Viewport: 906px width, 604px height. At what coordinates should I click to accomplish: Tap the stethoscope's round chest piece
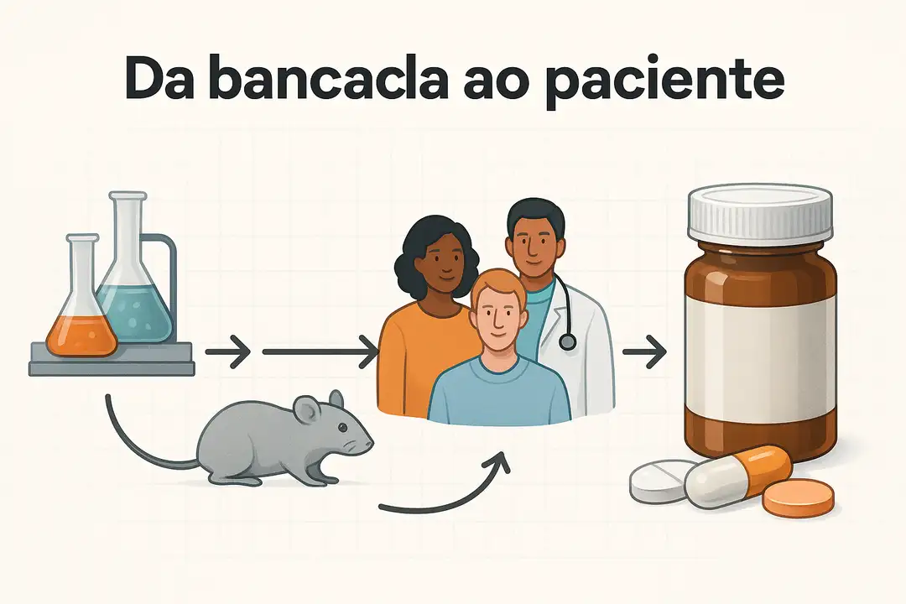[568, 341]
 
